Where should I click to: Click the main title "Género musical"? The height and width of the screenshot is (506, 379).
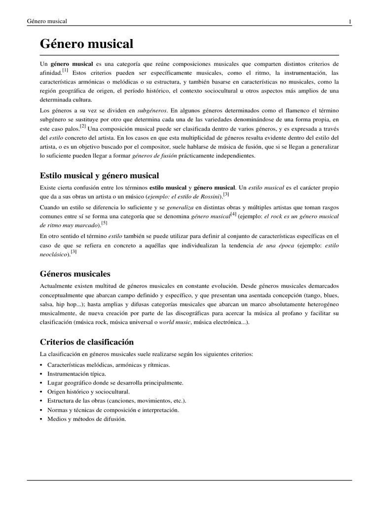(x=86, y=44)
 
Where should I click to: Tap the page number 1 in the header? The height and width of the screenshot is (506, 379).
(x=350, y=21)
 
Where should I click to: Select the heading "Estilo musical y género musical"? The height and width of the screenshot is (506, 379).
(x=99, y=175)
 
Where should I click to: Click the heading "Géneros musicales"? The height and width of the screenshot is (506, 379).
(x=75, y=273)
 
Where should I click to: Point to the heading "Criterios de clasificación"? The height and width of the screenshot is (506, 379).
(x=86, y=342)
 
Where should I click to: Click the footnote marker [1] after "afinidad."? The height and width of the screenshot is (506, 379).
(x=65, y=70)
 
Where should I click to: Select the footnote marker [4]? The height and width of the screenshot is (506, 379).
(x=233, y=214)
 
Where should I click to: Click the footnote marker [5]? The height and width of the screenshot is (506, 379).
(x=104, y=223)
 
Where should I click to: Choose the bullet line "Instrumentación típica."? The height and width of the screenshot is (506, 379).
(x=76, y=374)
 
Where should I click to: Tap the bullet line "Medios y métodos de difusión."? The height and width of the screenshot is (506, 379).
(x=86, y=419)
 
